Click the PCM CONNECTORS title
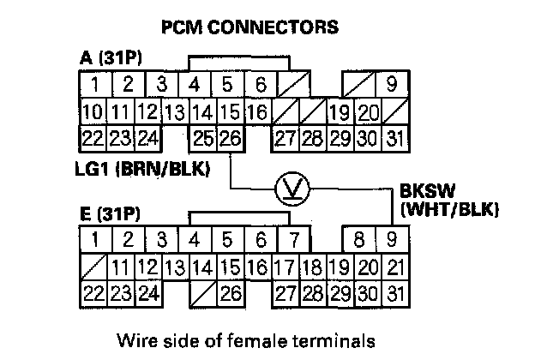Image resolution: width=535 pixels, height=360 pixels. (249, 27)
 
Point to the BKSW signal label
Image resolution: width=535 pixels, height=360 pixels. (424, 191)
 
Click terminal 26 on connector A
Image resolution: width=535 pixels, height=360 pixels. (231, 135)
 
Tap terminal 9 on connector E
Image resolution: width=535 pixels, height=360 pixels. (391, 238)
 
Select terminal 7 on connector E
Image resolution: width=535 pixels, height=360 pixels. (292, 238)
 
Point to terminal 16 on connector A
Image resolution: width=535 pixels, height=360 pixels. (256, 111)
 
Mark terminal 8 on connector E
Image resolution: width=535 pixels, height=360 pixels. (359, 238)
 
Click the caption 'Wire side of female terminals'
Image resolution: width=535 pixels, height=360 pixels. (247, 340)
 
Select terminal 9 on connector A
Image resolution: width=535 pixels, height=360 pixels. (391, 84)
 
